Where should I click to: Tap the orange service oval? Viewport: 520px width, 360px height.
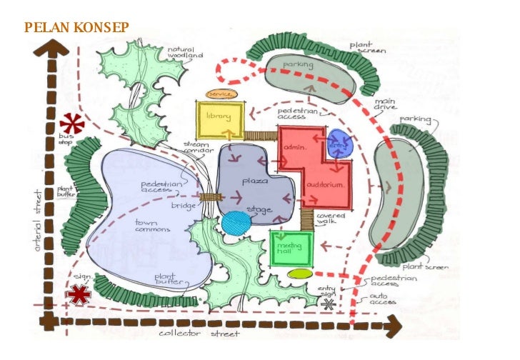point(217,94)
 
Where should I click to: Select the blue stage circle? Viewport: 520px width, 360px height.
point(236,223)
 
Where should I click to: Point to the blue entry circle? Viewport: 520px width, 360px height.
point(341,144)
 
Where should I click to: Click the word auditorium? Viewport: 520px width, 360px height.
point(325,184)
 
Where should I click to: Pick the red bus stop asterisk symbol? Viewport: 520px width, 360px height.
point(71,124)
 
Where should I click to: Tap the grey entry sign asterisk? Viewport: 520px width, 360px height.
point(328,304)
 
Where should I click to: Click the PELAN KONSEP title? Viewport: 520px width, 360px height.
point(76,28)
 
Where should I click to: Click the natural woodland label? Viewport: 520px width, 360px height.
point(185,52)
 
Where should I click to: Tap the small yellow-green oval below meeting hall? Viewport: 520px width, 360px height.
point(300,274)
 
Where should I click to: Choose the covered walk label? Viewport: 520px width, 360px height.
point(331,219)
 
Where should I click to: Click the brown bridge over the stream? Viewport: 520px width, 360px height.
point(209,197)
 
